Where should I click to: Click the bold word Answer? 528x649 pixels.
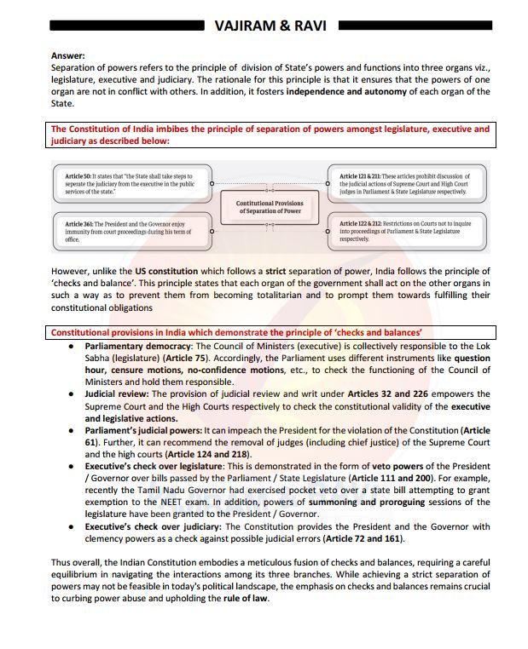[x=67, y=55]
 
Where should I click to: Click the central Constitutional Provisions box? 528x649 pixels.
[x=269, y=206]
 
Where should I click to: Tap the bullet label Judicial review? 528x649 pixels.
[x=115, y=393]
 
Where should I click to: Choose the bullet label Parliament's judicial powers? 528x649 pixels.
[x=142, y=431]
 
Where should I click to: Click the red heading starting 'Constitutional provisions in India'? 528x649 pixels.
[x=237, y=332]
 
